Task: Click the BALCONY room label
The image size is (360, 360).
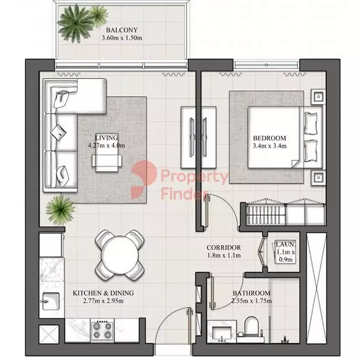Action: tap(122, 30)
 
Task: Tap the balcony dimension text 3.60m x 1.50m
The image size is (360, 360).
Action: tap(122, 38)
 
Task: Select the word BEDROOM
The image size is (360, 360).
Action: tap(269, 138)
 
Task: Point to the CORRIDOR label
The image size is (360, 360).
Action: tap(223, 248)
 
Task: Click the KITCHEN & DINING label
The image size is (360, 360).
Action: tap(103, 293)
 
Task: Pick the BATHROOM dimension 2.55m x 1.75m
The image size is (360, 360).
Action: tap(251, 301)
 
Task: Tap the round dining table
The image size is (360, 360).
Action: tap(120, 254)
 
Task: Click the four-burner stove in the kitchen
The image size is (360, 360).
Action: tap(102, 330)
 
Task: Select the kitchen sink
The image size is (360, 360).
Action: tap(50, 301)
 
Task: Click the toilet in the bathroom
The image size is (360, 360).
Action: tap(251, 326)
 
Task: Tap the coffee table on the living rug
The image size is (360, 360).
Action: tap(107, 153)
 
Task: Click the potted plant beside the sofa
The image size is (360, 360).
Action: tap(60, 210)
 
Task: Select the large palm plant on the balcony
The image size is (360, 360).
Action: tap(75, 23)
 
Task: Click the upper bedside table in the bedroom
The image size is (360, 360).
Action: tap(318, 97)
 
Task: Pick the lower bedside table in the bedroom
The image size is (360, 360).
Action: tap(318, 178)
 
